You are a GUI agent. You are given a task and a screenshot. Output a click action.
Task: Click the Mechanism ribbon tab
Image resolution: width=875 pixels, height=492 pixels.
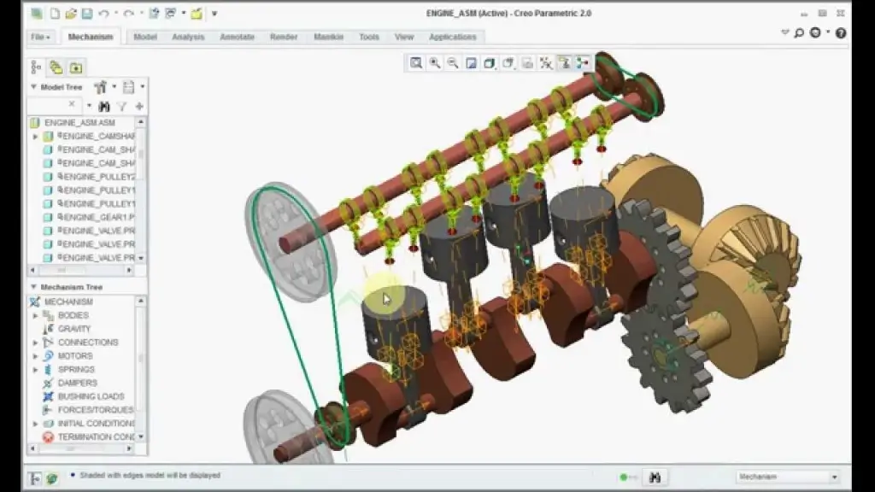[x=90, y=37]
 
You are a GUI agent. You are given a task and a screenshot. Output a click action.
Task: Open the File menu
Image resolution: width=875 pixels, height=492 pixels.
[x=40, y=37]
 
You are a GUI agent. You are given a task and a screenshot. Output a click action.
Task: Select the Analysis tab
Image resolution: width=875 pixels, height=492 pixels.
[x=188, y=37]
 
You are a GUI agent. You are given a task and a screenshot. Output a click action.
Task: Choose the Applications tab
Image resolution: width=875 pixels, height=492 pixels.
[x=452, y=37]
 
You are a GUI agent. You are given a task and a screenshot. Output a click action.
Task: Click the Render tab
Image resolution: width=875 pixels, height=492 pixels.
[x=284, y=37]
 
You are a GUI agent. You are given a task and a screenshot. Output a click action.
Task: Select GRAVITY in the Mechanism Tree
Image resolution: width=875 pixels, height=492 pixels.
[x=74, y=329]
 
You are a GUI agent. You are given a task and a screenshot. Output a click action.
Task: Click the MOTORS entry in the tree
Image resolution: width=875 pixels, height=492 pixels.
[x=75, y=356]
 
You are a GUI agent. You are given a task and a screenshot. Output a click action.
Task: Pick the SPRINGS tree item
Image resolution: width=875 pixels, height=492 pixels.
[x=76, y=370]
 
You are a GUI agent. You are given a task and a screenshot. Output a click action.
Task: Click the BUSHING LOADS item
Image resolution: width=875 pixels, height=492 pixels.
[x=91, y=396]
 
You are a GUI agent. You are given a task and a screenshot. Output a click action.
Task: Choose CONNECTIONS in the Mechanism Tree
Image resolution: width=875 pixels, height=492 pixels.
[x=88, y=343]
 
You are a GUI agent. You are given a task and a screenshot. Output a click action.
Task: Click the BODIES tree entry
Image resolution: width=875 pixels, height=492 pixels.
[x=73, y=315]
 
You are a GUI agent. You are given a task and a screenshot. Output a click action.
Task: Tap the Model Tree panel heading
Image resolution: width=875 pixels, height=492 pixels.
[x=62, y=86]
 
